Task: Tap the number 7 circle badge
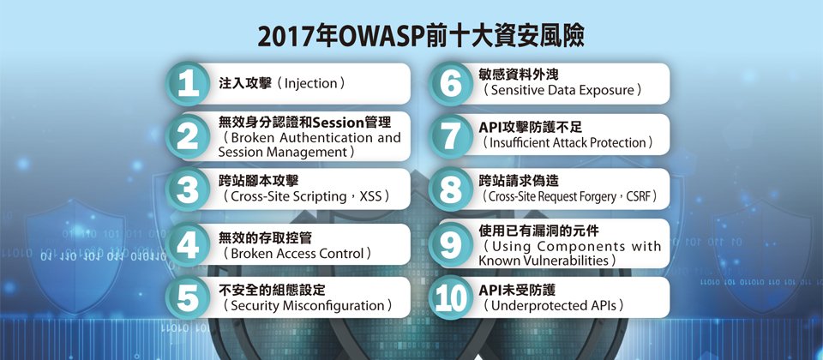(x=450, y=136)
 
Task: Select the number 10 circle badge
(x=450, y=297)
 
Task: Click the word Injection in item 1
(x=310, y=83)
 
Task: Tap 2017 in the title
(x=283, y=38)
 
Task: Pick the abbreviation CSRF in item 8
(x=639, y=197)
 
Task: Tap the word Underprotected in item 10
(x=532, y=306)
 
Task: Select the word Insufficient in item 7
(x=520, y=143)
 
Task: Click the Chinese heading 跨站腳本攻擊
(x=258, y=182)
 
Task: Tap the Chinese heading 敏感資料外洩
(x=520, y=75)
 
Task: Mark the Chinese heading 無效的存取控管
(x=265, y=237)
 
